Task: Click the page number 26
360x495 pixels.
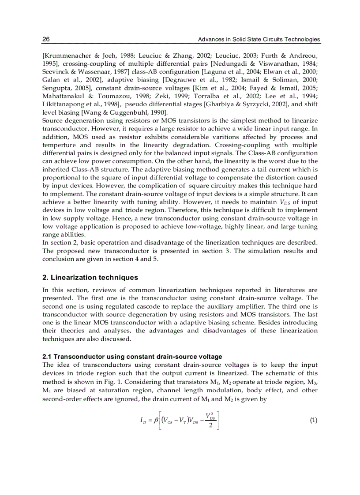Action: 46,40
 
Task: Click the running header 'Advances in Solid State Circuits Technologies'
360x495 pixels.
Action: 259,40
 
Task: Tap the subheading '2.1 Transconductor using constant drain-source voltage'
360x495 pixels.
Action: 132,356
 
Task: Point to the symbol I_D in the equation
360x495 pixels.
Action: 142,421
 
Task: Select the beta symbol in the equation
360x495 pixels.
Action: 156,421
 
